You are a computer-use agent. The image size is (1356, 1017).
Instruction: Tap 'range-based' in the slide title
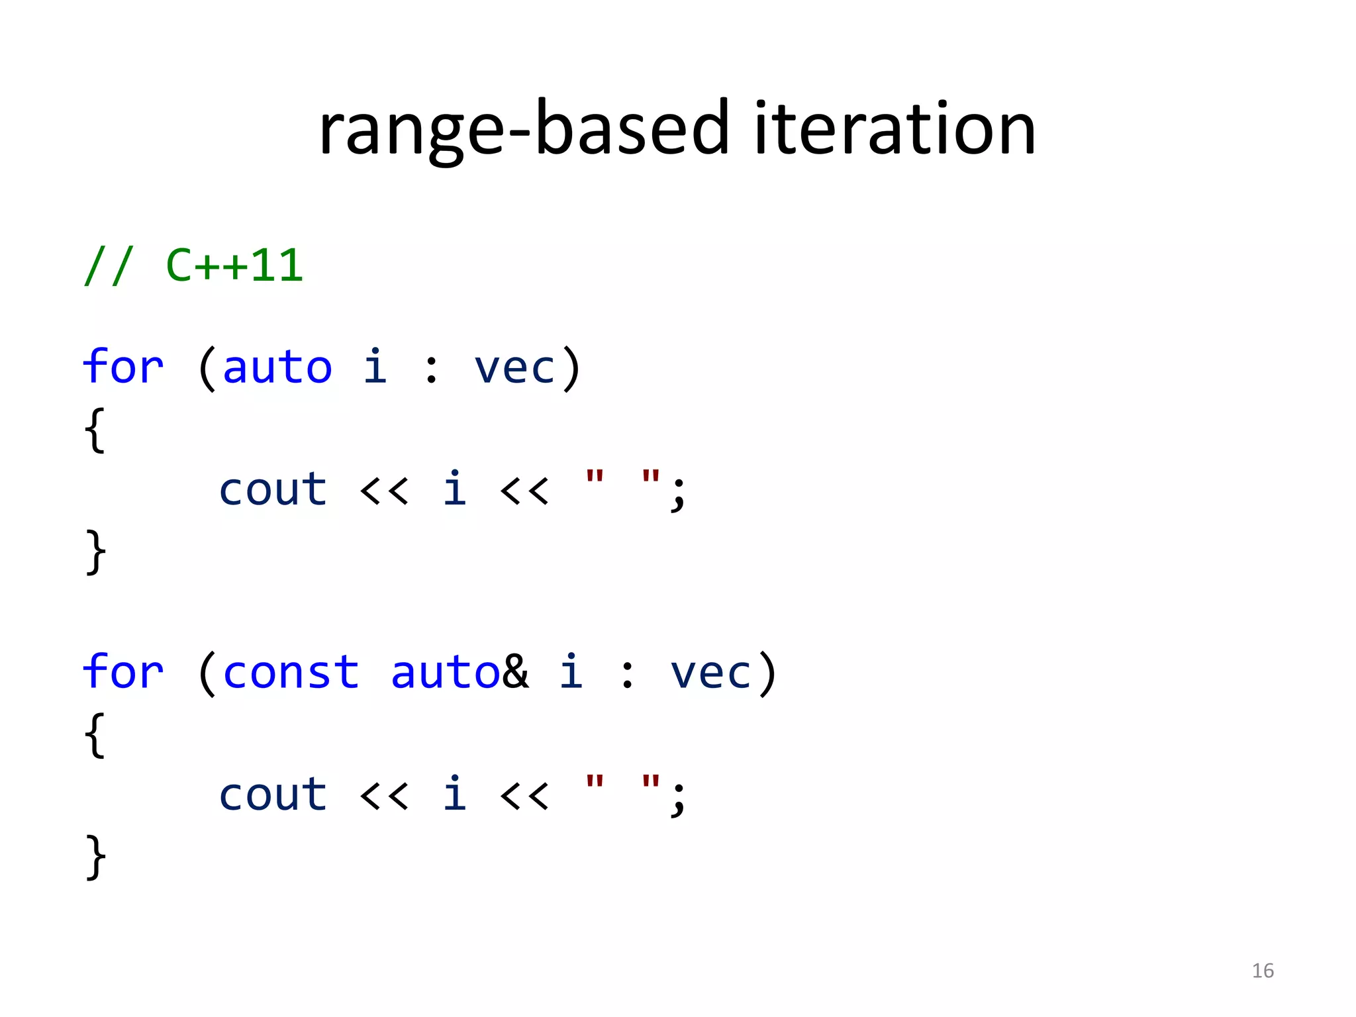523,130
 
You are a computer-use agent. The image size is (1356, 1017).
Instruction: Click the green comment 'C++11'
234,266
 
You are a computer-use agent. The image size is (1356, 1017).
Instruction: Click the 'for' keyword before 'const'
123,672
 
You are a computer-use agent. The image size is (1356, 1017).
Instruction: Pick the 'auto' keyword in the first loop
277,368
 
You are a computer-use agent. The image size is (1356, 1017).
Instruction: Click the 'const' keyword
291,673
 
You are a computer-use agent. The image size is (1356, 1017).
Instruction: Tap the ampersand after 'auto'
516,672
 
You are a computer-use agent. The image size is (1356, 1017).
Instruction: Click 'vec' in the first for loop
515,368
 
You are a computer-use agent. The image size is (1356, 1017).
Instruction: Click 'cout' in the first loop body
273,490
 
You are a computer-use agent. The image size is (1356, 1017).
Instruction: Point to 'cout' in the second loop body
273,795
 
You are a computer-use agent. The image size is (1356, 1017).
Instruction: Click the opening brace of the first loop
95,430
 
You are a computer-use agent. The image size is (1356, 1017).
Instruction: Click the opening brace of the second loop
95,735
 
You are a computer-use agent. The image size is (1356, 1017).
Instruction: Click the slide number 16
1263,971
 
